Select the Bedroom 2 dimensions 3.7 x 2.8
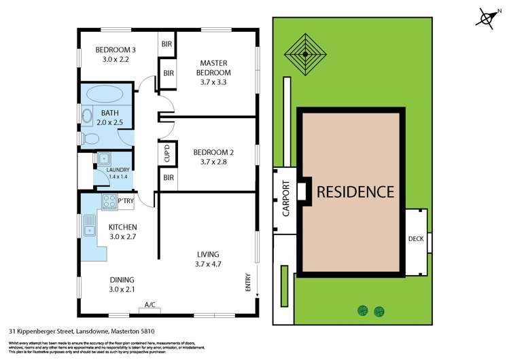point(213,162)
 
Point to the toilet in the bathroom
point(88,139)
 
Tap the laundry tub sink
point(103,159)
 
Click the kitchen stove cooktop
point(109,200)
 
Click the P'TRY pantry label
point(126,201)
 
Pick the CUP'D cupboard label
point(167,155)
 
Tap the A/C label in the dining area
point(150,304)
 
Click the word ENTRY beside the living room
point(249,282)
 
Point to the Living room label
point(209,255)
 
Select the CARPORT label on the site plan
point(285,198)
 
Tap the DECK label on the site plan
point(416,238)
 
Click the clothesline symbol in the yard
point(305,53)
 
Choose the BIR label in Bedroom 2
point(167,178)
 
